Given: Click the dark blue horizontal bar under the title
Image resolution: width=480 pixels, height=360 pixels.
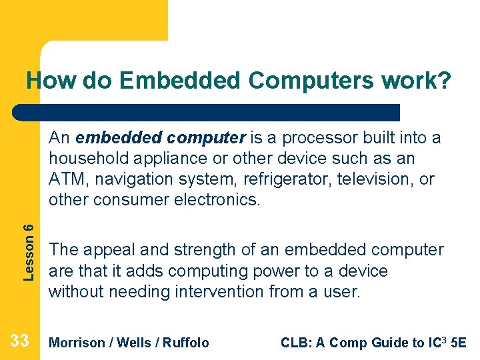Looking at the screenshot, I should pyautogui.click(x=207, y=112).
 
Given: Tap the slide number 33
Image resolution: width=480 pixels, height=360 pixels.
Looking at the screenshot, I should pyautogui.click(x=19, y=341).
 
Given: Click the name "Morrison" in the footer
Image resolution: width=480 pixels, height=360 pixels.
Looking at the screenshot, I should pyautogui.click(x=77, y=343).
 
